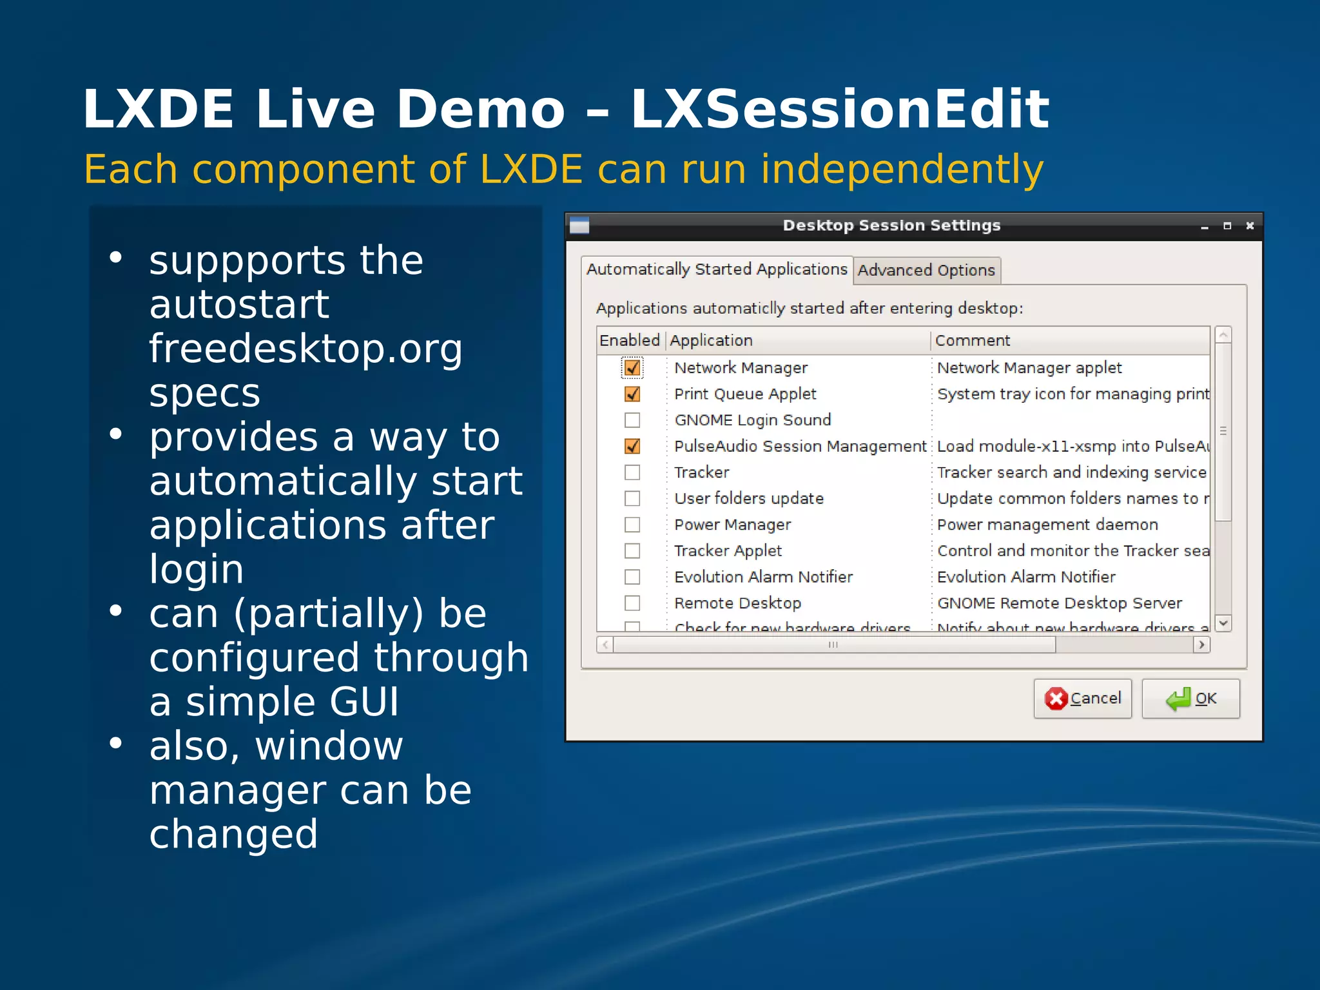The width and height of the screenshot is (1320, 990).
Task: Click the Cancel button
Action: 1082,699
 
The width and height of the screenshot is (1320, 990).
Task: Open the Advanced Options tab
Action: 926,270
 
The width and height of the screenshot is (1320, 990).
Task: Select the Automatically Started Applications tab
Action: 716,269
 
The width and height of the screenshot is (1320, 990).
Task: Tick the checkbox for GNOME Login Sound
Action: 632,420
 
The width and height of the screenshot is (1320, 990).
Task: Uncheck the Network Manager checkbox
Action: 632,368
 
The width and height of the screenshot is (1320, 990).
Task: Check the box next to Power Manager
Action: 632,525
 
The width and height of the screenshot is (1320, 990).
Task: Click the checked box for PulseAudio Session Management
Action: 632,446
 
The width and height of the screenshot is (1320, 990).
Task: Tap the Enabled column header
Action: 630,340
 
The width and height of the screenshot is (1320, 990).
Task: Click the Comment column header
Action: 972,340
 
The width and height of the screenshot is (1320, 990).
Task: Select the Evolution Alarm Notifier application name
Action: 763,577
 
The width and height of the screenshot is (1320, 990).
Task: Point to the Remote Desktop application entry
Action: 737,603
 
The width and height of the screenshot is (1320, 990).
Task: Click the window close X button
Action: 1250,226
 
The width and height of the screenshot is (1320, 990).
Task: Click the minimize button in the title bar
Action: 1204,226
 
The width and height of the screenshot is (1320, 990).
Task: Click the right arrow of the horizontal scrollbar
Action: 1201,645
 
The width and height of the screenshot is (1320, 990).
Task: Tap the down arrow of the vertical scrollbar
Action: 1223,623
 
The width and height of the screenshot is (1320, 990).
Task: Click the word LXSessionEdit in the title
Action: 840,110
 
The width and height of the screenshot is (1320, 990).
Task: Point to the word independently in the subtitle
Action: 902,170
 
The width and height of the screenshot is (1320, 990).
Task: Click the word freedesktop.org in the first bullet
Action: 306,349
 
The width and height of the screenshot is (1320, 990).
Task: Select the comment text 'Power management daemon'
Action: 1047,525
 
